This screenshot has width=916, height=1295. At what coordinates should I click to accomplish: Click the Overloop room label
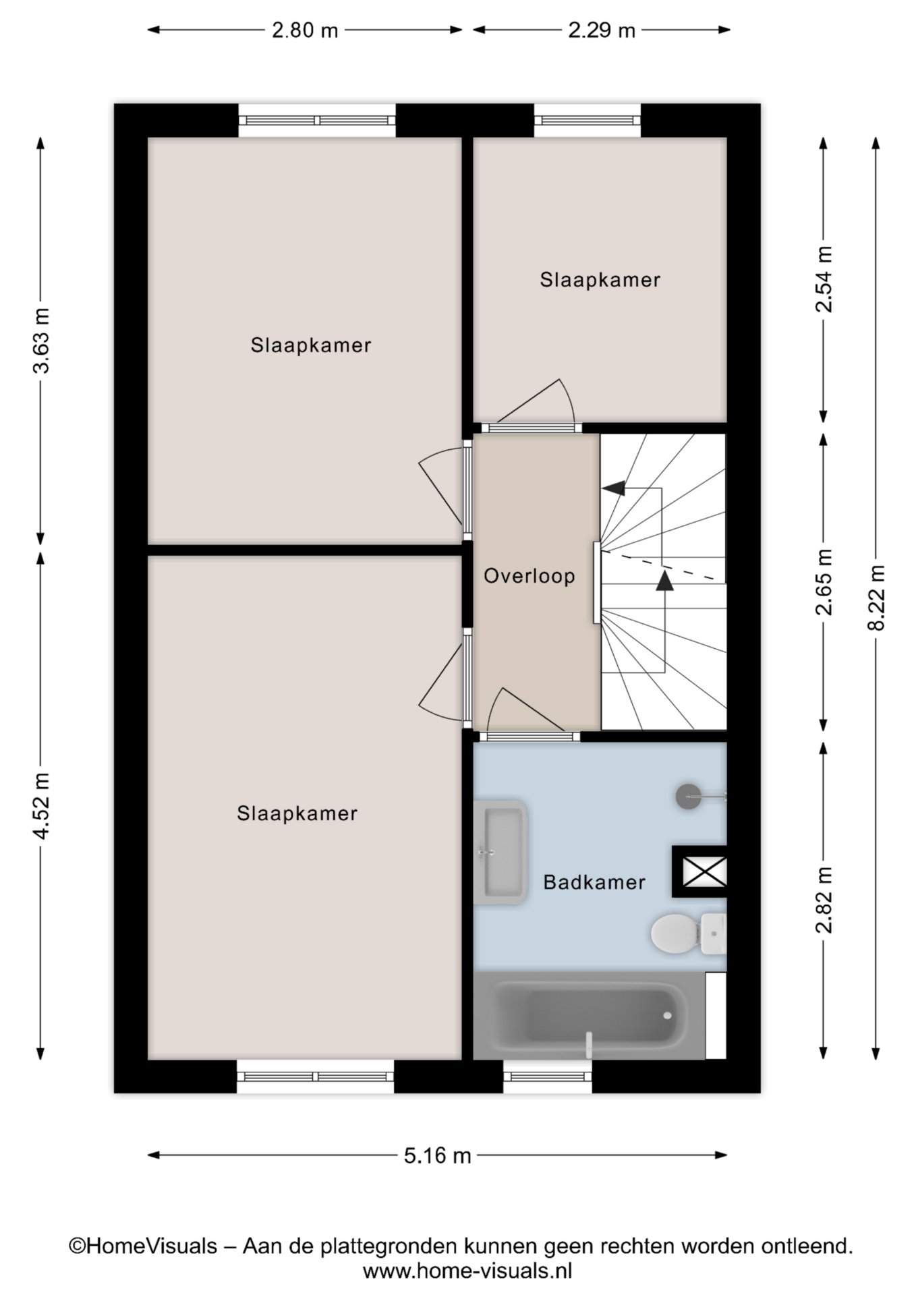pos(529,576)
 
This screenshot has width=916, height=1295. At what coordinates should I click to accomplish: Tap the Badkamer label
pos(594,882)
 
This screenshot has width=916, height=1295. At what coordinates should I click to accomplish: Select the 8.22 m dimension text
pos(876,598)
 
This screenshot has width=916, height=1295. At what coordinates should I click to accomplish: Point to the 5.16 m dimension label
pos(437,1155)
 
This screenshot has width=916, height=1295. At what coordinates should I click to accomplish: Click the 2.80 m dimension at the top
pos(305,30)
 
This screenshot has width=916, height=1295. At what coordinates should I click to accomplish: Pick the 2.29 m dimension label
pos(602,30)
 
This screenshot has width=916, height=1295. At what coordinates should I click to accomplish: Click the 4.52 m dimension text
pos(41,807)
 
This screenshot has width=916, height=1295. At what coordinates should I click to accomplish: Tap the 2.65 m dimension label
pos(824,582)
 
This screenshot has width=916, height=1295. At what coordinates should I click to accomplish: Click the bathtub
pos(589,1015)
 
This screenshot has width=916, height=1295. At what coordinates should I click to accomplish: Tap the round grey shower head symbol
pos(689,797)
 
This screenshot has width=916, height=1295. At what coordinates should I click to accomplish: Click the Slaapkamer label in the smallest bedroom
pos(600,280)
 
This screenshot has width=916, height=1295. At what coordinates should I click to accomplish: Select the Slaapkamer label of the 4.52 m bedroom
pos(297,813)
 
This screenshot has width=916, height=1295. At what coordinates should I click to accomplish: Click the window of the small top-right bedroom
pos(588,121)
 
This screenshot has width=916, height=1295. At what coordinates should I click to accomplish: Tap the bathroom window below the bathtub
pos(548,1076)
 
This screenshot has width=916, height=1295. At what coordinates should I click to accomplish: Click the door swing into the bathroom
pos(525,709)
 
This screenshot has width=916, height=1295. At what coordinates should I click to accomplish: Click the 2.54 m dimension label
pos(824,279)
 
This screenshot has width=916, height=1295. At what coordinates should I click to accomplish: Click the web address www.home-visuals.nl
pos(467,1271)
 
